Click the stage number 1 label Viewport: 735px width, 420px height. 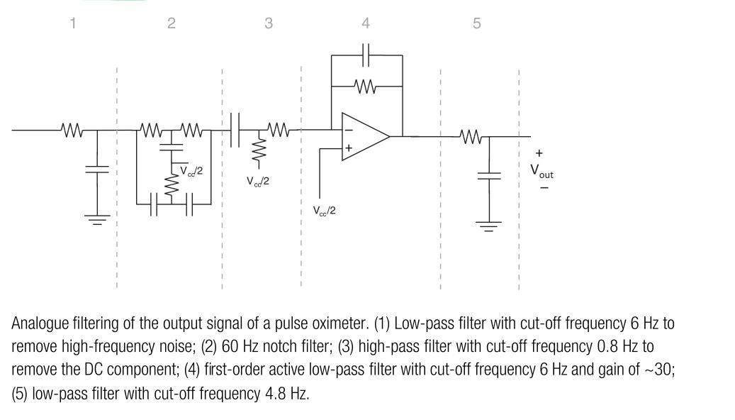click(x=72, y=23)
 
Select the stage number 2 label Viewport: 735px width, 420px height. click(x=171, y=23)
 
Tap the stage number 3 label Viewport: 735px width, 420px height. click(x=269, y=23)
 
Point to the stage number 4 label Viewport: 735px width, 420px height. click(x=366, y=23)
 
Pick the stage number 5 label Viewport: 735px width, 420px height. click(x=476, y=23)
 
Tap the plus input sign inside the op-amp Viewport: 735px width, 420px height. click(x=349, y=148)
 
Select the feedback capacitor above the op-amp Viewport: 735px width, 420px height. click(x=366, y=54)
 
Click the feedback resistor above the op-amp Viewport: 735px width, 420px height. click(x=365, y=87)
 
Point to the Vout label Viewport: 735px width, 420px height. click(x=542, y=171)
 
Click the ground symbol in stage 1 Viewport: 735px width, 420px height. click(x=97, y=219)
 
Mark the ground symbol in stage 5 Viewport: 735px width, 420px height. click(x=486, y=226)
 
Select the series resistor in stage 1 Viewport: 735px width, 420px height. click(x=72, y=131)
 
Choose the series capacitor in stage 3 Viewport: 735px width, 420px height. click(x=236, y=131)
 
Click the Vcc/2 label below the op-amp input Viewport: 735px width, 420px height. click(x=324, y=211)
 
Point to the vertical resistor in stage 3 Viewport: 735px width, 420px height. click(x=258, y=149)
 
